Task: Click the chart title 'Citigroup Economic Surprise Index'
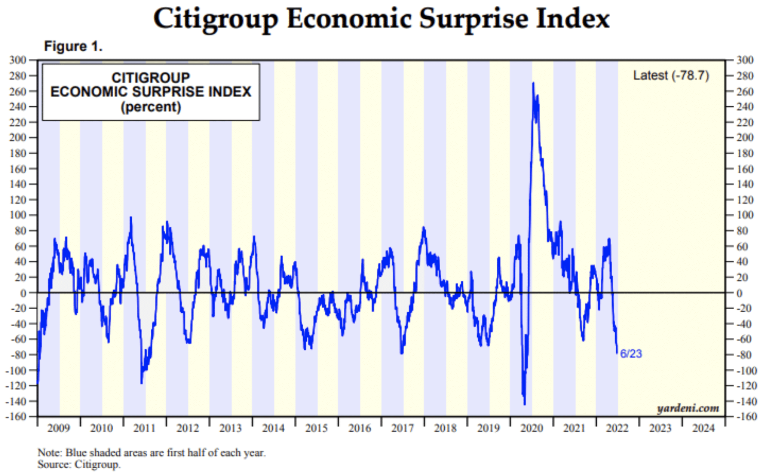pos(382,19)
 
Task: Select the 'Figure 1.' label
pos(73,46)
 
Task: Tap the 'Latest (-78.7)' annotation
pos(671,76)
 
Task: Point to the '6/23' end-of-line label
pos(631,354)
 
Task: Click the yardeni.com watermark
pos(688,408)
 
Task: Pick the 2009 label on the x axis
pos(58,428)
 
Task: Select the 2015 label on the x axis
pos(316,428)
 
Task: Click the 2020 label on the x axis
pos(531,428)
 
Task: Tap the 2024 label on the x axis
pos(704,428)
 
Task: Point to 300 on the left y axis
pos(18,60)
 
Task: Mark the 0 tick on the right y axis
pos(739,293)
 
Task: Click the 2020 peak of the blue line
pos(533,83)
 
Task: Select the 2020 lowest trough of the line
pos(525,404)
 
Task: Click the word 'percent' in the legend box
pos(151,107)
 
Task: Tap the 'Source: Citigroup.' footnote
pos(79,465)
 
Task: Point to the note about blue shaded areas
pos(151,453)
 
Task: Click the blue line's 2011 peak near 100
pos(131,217)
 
